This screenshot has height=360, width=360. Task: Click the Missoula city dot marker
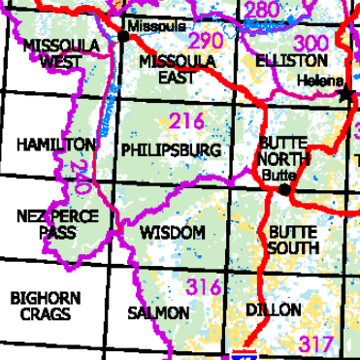(x=123, y=36)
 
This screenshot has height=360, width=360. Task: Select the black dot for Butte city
(x=283, y=189)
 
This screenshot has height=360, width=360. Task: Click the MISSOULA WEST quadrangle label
(x=53, y=54)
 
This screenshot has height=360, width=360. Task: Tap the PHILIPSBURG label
(x=172, y=150)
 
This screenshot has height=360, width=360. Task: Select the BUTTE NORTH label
(x=283, y=150)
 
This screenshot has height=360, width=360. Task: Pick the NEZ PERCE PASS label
(x=57, y=224)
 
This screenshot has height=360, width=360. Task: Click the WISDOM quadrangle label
(x=173, y=233)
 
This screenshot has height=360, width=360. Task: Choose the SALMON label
(x=157, y=313)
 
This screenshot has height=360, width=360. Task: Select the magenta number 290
(x=205, y=42)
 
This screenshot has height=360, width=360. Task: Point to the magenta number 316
(x=204, y=287)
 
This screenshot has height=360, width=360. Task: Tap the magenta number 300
(x=310, y=43)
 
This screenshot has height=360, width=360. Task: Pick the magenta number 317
(x=316, y=344)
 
